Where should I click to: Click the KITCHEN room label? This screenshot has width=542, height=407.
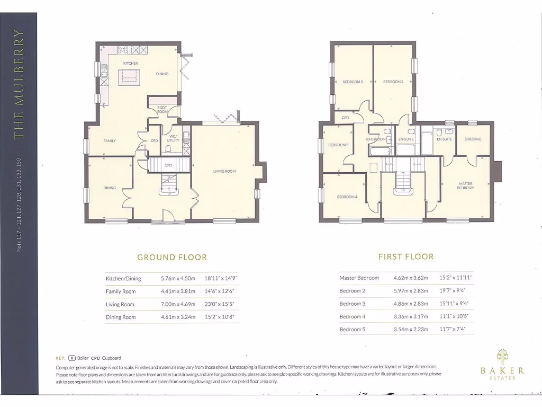coord(131,64)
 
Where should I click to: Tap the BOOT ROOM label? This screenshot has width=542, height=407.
coord(162,110)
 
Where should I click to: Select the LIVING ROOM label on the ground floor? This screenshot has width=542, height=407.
coord(224,171)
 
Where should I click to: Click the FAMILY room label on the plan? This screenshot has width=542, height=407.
coord(110,141)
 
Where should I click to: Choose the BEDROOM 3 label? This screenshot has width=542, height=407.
coord(353,82)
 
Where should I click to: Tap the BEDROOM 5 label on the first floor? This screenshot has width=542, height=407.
coord(338,145)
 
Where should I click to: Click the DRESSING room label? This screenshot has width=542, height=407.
coord(473,139)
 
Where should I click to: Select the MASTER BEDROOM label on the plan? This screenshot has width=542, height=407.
coord(466,185)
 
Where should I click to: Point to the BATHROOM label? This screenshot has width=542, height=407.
coord(377,139)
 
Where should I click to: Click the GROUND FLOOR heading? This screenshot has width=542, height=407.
coord(172,258)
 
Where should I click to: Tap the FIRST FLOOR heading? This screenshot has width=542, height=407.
coord(406,256)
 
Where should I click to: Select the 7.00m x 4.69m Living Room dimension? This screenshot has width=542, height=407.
coord(178,304)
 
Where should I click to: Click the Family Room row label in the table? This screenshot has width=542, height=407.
coord(121,291)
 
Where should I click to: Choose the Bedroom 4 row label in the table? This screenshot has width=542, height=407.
coord(352,316)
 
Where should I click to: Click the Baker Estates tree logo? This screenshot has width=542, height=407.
coord(502,356)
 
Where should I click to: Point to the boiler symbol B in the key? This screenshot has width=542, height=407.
coord(72,358)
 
